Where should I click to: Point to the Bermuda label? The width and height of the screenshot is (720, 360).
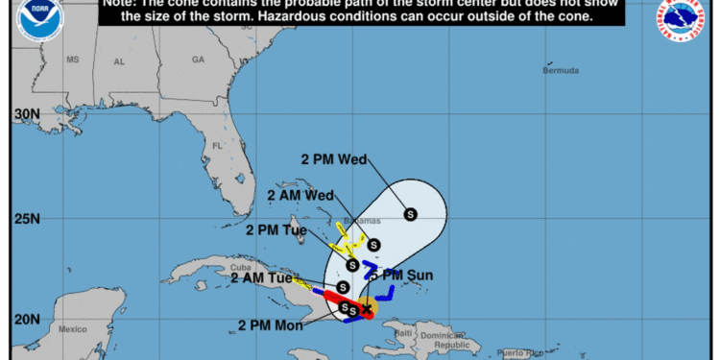click(561, 71)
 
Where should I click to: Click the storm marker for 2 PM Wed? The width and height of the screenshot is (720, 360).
click(411, 214)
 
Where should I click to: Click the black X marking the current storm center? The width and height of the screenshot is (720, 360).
click(367, 308)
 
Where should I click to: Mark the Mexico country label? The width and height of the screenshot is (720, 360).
click(72, 329)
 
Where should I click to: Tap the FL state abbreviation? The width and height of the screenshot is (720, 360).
click(217, 146)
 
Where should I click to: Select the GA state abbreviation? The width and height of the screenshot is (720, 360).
click(198, 60)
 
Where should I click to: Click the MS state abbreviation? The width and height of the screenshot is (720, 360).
click(72, 60)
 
